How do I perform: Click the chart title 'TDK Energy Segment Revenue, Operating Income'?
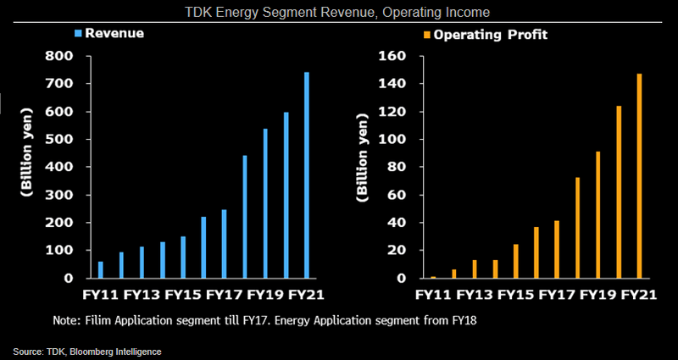pos(339,11)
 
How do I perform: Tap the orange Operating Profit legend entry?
pos(480,35)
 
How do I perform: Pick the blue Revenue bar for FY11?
pos(101,269)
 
